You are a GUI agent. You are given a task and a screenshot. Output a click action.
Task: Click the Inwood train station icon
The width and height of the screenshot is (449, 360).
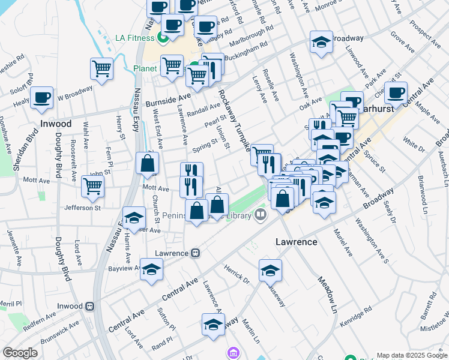tap(90, 306)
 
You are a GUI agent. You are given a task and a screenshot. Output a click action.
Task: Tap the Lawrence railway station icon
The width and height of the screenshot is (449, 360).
tap(195, 253)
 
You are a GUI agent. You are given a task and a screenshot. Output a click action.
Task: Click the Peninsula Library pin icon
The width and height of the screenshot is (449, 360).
tap(260, 214)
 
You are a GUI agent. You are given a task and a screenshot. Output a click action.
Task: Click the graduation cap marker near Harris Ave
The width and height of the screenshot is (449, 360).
tap(134, 217)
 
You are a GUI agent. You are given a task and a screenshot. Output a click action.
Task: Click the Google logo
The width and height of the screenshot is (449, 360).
tap(20, 353)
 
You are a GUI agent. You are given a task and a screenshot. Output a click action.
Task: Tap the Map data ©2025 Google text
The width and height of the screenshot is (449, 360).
tap(411, 355)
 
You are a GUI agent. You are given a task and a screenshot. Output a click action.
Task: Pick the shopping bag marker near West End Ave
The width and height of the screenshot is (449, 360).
tap(147, 163)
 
